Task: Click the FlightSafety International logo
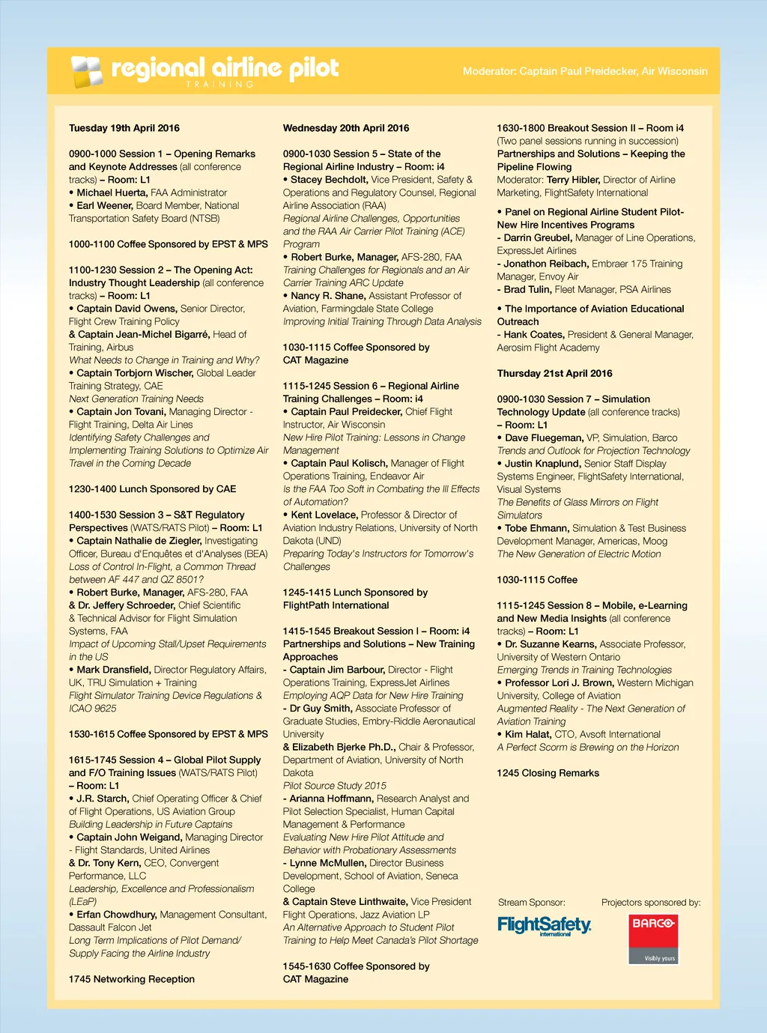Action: [545, 926]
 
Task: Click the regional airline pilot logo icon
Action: [86, 71]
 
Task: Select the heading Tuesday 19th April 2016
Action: [124, 128]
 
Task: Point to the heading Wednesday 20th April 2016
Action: [346, 128]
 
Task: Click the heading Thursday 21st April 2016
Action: [554, 373]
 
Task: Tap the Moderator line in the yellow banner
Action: [585, 71]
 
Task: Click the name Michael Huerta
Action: [112, 193]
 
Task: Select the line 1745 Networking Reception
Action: [132, 979]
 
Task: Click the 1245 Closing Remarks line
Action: [548, 773]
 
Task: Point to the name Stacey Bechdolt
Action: [329, 180]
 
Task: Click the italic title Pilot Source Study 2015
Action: [335, 786]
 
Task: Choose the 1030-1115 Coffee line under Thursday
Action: [537, 580]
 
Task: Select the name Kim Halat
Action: [527, 735]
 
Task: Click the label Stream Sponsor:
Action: [532, 903]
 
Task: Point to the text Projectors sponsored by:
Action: [651, 903]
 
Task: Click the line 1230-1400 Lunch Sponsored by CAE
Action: [152, 489]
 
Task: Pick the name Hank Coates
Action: [533, 335]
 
